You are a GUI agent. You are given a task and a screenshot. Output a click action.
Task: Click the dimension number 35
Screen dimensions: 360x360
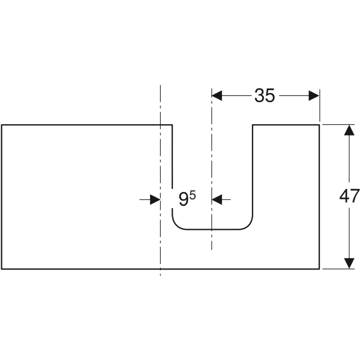pos(265,95)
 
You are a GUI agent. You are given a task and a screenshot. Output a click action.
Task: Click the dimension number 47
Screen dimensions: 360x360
pos(349,196)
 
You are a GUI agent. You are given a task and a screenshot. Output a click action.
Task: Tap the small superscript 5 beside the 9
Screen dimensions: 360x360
pos(193,196)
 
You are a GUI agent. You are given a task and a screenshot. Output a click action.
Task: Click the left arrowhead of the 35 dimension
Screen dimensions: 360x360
pos(217,95)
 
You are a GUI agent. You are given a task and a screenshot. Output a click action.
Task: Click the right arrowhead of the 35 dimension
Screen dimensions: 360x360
pos(314,95)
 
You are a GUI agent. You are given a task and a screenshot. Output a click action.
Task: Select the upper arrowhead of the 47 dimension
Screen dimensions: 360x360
pos(349,130)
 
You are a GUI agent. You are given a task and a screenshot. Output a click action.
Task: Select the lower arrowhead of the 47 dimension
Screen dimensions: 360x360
pos(349,263)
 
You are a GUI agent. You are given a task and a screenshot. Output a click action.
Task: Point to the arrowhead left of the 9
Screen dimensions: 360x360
pos(155,200)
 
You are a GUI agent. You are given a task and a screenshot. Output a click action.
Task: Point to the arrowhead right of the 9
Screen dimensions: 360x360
pos(217,200)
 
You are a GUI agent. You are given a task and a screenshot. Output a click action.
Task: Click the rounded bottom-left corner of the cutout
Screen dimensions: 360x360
pos(176,225)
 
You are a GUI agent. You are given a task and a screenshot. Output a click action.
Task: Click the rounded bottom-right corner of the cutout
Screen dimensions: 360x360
pos(248,225)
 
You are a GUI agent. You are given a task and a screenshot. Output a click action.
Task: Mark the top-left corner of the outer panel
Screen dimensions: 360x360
pos(2,125)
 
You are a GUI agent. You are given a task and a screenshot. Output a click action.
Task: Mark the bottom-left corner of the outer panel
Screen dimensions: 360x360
pos(2,269)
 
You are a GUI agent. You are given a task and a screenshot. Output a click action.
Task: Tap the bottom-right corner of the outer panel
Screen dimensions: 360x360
pos(319,269)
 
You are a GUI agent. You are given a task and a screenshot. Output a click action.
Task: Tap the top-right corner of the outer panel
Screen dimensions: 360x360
pos(319,125)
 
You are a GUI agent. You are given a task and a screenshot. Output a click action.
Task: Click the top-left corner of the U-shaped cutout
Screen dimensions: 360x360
pos(172,125)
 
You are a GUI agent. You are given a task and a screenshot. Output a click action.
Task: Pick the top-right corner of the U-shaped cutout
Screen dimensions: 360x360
pos(253,125)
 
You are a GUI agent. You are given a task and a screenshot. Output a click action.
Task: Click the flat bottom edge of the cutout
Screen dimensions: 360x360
pos(212,229)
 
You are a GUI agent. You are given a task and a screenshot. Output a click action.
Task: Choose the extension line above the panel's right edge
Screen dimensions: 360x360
pos(320,106)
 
